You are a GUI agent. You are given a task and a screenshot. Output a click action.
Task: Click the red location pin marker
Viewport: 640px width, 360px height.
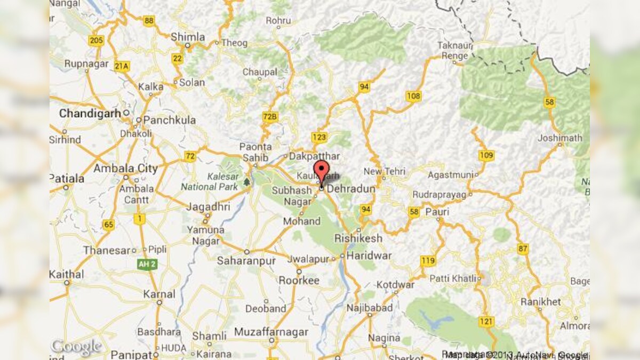[x=321, y=171]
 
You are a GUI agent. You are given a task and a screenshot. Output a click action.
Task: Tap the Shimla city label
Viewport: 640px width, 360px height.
[x=188, y=37]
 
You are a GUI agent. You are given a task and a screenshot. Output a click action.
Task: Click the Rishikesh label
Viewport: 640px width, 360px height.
[x=365, y=238]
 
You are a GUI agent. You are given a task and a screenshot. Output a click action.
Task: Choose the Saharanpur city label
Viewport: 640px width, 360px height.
[x=246, y=261]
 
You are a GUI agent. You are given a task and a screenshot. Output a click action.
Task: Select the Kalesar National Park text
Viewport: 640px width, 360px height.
[x=209, y=182]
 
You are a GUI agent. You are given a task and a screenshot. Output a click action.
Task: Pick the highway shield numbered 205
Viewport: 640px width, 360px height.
[x=97, y=41]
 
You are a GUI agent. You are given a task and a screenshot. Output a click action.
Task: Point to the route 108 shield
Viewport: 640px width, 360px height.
[x=413, y=96]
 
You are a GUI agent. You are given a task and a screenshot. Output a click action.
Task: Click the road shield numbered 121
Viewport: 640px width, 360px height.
[x=486, y=322]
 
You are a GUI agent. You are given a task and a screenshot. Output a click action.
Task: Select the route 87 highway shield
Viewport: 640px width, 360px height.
[x=523, y=249]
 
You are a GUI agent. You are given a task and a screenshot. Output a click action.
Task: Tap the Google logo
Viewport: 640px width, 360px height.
[x=75, y=347]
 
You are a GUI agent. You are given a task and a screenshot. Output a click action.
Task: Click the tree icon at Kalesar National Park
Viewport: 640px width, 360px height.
[x=246, y=182]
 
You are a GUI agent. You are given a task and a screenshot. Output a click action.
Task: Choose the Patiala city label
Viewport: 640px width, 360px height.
[x=67, y=178]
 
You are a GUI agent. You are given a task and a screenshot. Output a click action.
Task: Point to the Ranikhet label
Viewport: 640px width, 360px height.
[x=540, y=302]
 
